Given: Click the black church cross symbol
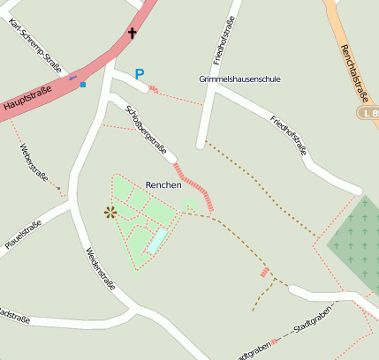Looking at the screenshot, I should [133, 34].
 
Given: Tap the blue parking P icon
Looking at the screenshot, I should [139, 75].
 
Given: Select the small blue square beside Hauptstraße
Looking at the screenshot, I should [83, 85].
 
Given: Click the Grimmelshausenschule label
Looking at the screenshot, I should [239, 79].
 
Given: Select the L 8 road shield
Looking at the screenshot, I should [368, 113].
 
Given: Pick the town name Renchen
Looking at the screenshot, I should [163, 185].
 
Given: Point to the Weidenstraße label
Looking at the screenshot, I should [100, 270].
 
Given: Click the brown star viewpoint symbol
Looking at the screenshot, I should [110, 212].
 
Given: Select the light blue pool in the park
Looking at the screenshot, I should [156, 240].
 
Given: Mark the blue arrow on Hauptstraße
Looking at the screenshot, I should [73, 78].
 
